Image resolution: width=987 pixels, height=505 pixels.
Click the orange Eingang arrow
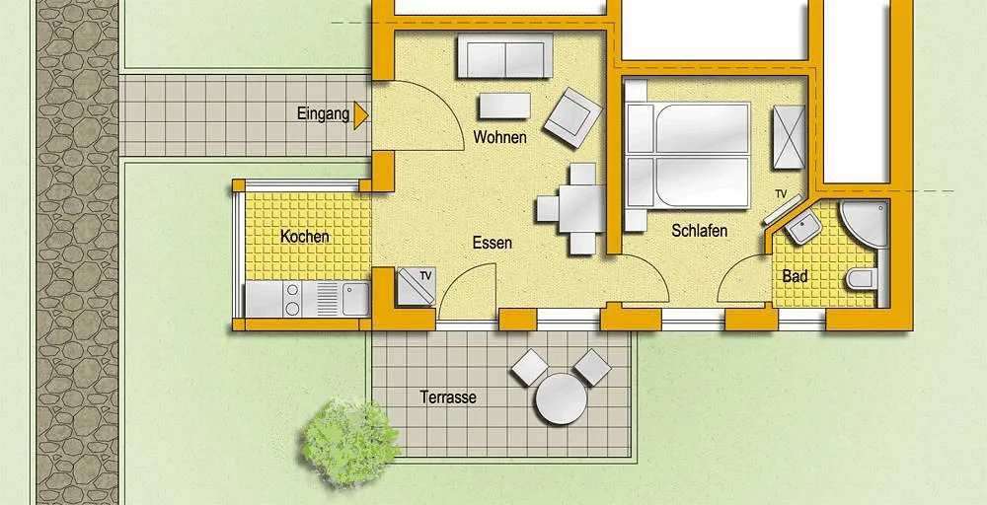pos(360,115)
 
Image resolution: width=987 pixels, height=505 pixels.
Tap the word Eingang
pos(323,115)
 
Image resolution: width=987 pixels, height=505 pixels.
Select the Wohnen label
pos(499,137)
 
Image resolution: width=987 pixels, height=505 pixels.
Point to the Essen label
pos(493,243)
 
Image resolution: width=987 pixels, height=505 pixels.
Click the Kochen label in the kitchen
pos(305,237)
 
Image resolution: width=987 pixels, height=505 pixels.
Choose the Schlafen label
pos(700,231)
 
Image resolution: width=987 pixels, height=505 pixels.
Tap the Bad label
pos(795,276)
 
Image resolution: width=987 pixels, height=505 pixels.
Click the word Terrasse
pos(448,397)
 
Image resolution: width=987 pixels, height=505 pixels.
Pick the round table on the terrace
pos(561,398)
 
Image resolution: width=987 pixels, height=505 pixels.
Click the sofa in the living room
pos(504,56)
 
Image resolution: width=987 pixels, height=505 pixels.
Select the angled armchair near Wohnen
pos(572,117)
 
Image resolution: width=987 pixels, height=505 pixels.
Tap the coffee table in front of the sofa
pos(504,106)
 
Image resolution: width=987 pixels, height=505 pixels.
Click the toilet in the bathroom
pos(862,278)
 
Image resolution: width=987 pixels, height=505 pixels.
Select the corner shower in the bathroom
pos(864,224)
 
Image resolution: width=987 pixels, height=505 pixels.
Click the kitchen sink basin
pos(355,299)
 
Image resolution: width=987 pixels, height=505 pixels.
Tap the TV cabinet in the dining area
pos(417,286)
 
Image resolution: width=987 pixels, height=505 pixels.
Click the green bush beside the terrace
pos(350,442)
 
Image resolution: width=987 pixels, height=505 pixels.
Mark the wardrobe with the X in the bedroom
pos(789,137)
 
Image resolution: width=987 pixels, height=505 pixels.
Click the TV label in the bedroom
pos(781,193)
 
